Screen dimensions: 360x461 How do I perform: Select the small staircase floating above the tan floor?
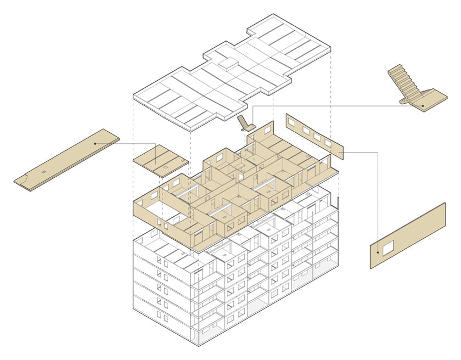[245, 123]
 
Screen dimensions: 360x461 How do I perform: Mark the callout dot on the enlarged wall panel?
[379, 253]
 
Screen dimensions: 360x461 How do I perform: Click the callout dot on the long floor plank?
[95, 144]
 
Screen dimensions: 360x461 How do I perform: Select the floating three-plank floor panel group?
[160, 161]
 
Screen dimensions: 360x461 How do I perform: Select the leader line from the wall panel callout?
[379, 198]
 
